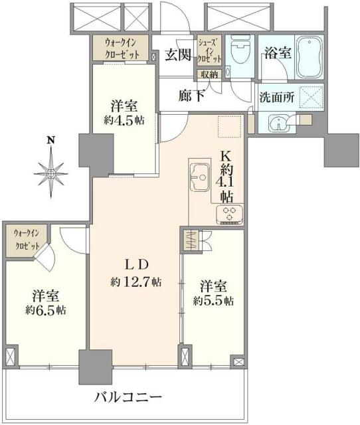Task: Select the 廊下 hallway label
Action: pyautogui.click(x=191, y=95)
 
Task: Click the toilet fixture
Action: pyautogui.click(x=237, y=51)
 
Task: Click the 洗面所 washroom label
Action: pyautogui.click(x=274, y=95)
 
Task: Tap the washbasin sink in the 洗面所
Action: pyautogui.click(x=278, y=123)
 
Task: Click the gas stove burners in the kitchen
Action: pyautogui.click(x=229, y=214)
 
